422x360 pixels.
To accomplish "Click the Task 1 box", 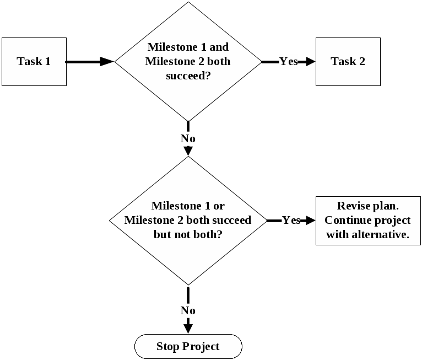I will [x=34, y=61].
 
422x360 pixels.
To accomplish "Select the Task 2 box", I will [x=348, y=61].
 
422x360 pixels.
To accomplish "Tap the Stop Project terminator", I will [x=188, y=347].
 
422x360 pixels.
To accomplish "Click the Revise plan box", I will [x=367, y=221].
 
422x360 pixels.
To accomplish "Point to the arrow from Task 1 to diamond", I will [x=88, y=62].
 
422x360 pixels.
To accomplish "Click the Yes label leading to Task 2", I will [x=288, y=61].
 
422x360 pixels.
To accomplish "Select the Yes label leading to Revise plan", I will [x=291, y=221].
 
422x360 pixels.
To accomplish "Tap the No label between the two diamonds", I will [x=188, y=138].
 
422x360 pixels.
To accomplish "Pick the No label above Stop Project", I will [x=188, y=311].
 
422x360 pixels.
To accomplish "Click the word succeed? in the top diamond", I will [x=188, y=76].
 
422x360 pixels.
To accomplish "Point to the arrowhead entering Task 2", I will [x=311, y=62].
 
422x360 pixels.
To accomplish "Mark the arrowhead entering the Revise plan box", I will [x=310, y=221].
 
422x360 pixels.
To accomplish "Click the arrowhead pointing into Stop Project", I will [x=188, y=328].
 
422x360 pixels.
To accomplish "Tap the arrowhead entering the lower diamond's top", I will [x=188, y=151].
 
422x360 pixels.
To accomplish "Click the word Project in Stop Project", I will [x=201, y=347].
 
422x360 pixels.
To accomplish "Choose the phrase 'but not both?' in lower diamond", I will [x=188, y=234].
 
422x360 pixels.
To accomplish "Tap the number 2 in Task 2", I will [x=362, y=61].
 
